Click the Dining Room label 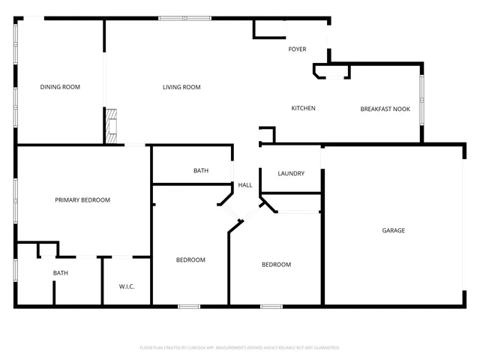pos(60,87)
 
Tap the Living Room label pos(181,87)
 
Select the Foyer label pos(297,49)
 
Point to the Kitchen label pos(303,109)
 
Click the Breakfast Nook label pos(385,109)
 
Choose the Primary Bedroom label pos(82,200)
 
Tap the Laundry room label pos(291,174)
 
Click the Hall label pos(245,185)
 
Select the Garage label pos(394,230)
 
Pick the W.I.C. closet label pos(126,286)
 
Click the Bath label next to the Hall pos(201,171)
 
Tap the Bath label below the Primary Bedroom pos(61,273)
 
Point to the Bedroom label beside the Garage pos(276,265)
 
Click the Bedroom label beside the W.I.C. pos(190,260)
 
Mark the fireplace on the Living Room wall pos(111,125)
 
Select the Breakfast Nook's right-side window pos(421,99)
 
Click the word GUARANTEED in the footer pos(325,348)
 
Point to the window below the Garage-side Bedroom pos(271,306)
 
